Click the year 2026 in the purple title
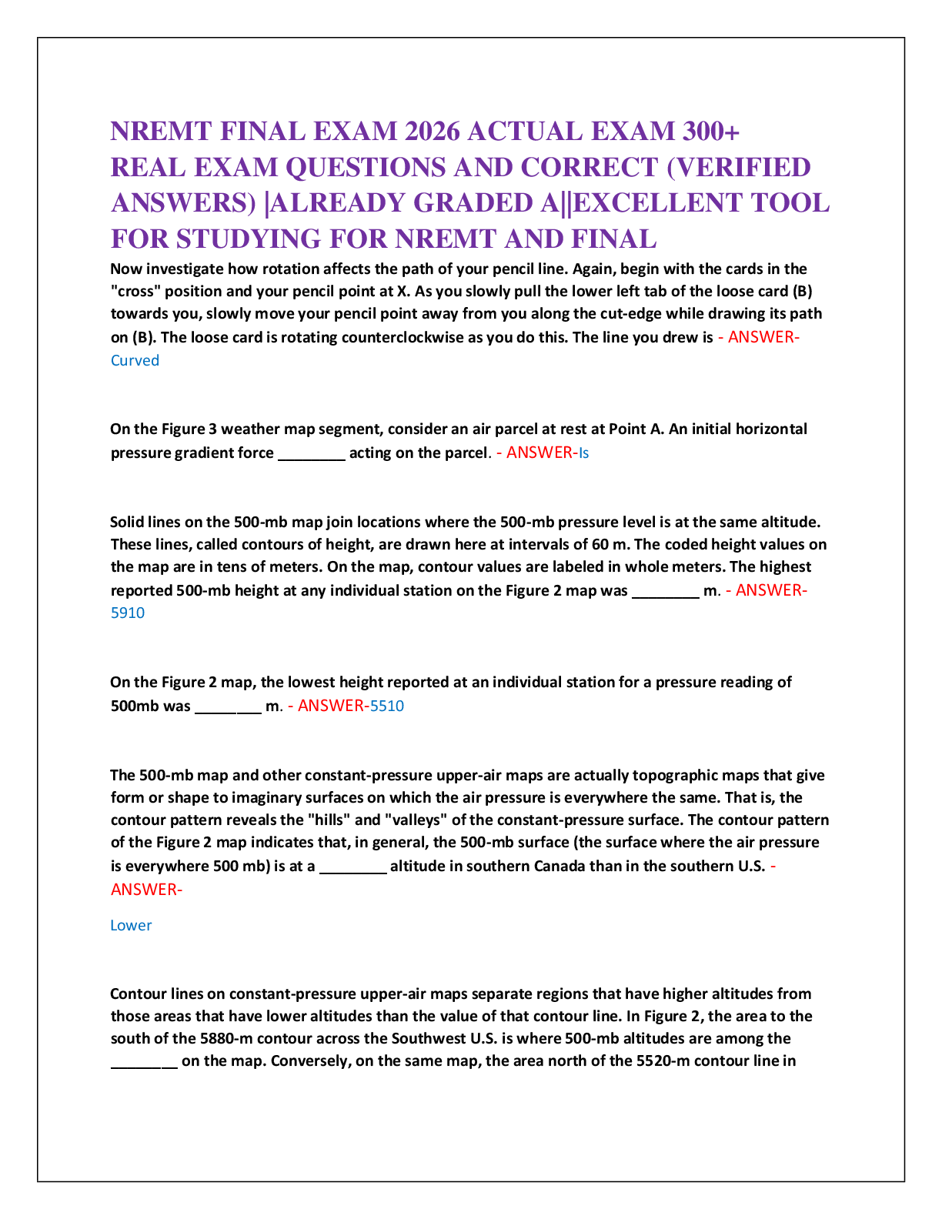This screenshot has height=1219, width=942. coord(432,132)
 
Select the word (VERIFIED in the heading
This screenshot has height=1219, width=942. coord(739,167)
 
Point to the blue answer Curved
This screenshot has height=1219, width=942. coord(135,360)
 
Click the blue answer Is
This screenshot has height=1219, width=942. coord(583,453)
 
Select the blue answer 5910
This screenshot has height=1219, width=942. coord(127,613)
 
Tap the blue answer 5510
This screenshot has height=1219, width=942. coord(386,706)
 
